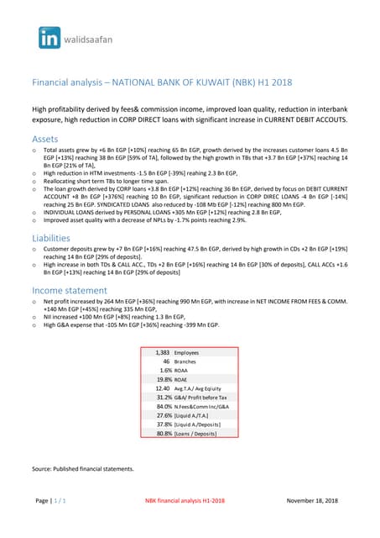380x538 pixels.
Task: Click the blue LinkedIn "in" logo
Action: click(x=49, y=37)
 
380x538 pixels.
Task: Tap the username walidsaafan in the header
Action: click(x=91, y=38)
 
